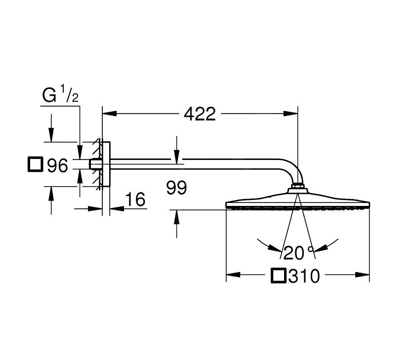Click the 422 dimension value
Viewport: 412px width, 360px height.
(x=200, y=114)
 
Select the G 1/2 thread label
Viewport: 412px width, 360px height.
(x=60, y=96)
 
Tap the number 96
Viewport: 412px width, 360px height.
(x=57, y=165)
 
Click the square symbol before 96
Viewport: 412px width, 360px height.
(x=35, y=164)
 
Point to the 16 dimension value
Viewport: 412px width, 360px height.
(x=135, y=200)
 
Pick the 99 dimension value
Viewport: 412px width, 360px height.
(x=176, y=188)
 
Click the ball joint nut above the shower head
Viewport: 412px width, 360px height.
(x=297, y=187)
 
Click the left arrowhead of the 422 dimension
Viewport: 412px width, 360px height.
(x=107, y=114)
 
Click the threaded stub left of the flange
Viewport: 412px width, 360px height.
(x=93, y=164)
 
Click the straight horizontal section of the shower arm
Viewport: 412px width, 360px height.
(x=198, y=161)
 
